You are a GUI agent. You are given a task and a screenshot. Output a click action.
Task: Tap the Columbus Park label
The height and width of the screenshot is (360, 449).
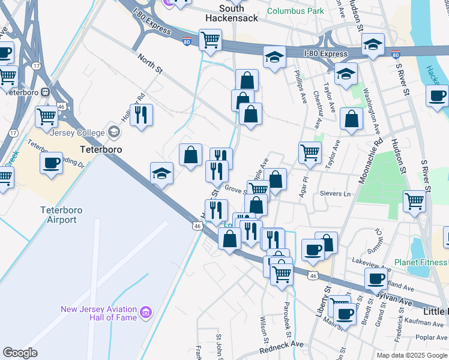(x=295, y=11)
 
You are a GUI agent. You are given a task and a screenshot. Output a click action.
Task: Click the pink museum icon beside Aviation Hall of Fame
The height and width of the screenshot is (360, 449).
(x=145, y=312)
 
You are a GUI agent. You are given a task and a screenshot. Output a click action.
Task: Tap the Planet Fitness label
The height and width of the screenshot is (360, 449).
(x=421, y=262)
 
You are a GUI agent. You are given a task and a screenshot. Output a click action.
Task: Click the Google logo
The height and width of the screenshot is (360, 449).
(x=20, y=353)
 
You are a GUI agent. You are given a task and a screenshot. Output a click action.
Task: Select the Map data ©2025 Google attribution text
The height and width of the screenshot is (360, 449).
(x=411, y=355)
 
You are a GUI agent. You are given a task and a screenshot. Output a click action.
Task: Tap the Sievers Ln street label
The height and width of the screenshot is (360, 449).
(x=337, y=194)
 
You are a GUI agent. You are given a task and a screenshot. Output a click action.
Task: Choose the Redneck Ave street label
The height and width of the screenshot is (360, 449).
(x=282, y=347)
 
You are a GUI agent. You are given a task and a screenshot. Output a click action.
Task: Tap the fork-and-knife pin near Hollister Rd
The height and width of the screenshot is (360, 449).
(x=141, y=115)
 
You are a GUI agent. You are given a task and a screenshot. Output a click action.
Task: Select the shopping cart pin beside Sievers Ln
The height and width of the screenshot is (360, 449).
(x=415, y=202)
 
